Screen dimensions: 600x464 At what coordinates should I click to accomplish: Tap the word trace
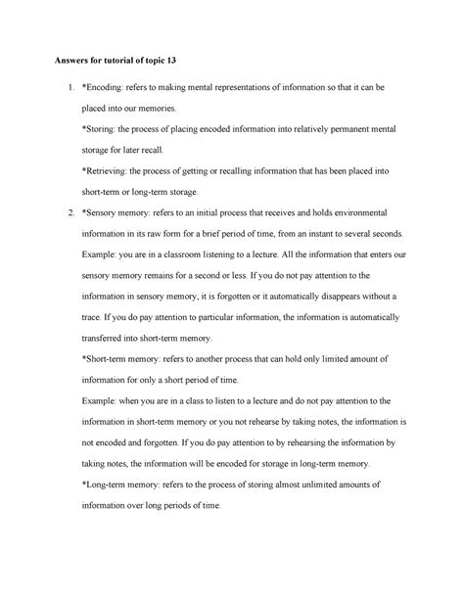point(95,319)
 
